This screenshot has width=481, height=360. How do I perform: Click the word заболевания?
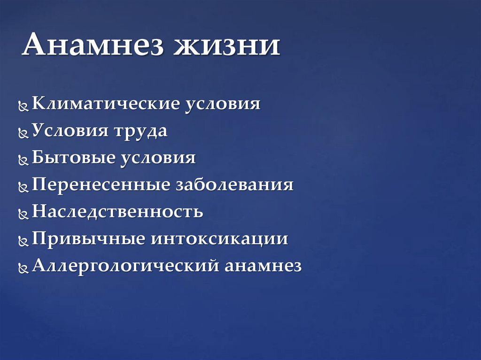[x=234, y=185]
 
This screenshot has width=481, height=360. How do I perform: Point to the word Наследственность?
[x=117, y=212]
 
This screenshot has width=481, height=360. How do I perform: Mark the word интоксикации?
[x=219, y=239]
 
